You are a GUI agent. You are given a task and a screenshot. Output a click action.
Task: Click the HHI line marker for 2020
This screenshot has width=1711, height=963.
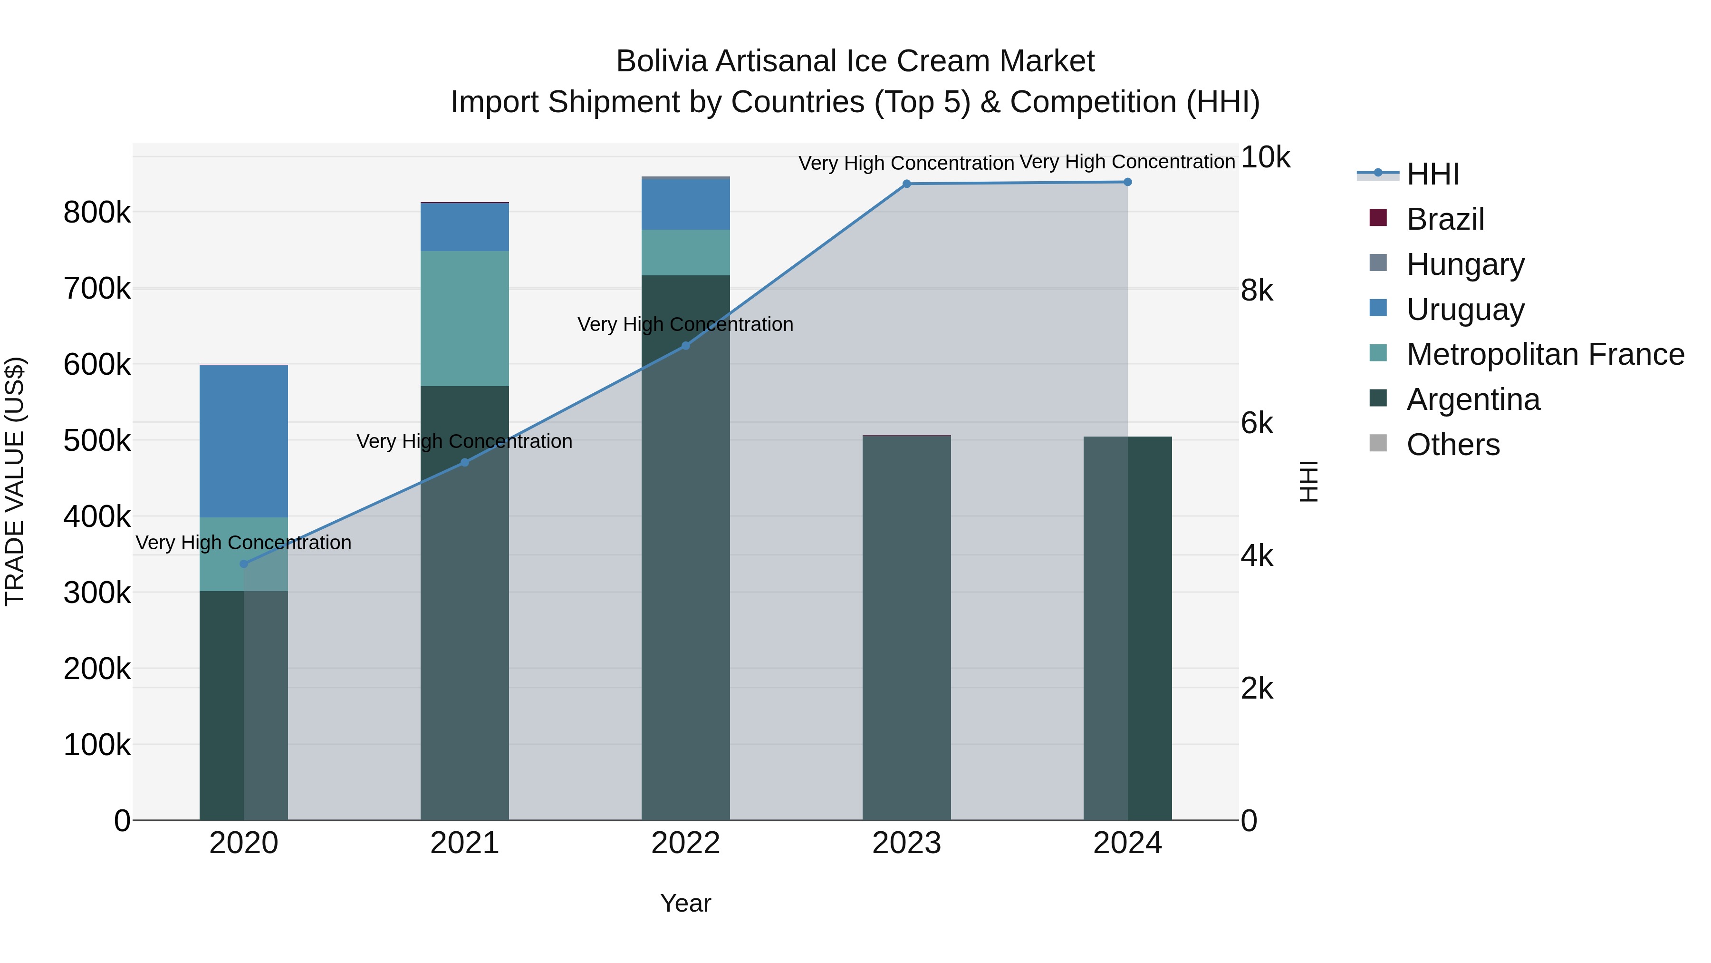244,564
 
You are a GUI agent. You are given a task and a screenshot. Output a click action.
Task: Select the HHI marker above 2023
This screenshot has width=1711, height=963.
907,184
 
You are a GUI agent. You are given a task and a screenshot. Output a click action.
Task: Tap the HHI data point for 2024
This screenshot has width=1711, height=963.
1127,182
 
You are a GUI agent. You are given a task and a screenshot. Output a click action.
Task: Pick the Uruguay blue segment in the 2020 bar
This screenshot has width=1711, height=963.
244,441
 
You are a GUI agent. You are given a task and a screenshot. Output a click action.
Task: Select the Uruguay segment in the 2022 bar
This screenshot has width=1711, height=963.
685,204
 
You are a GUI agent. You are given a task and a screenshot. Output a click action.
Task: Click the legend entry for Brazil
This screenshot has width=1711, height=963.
1445,219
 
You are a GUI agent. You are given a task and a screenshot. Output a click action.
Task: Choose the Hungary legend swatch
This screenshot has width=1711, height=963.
1378,263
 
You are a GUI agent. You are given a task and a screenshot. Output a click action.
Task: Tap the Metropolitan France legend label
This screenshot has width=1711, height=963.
1545,354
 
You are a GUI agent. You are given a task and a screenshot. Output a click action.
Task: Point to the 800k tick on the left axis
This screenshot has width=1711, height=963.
97,213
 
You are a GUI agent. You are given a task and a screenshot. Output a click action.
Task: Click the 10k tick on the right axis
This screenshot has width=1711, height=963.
1265,157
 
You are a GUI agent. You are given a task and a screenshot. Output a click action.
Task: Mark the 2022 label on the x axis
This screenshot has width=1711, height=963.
685,843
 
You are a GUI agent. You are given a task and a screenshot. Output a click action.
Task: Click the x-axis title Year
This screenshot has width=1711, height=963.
685,903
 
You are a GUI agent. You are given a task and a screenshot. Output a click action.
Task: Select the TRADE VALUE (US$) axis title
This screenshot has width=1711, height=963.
15,481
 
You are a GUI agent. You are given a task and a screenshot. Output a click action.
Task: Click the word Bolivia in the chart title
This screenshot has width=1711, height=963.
662,61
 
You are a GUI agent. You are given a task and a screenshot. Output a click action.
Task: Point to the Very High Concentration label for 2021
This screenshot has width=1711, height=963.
464,441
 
